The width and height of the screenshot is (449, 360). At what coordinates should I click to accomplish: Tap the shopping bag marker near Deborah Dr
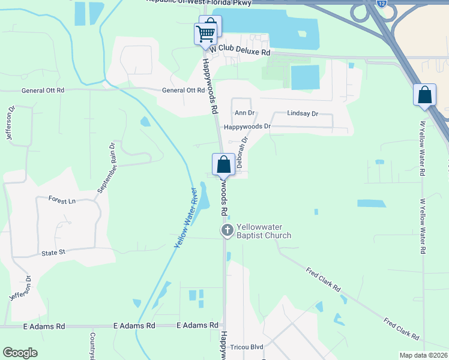tap(223, 164)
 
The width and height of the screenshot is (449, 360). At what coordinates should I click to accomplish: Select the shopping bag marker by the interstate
tap(424, 95)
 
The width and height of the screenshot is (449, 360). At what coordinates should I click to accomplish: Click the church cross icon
tap(228, 230)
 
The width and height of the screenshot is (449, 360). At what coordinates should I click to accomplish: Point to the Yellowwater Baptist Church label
tap(264, 231)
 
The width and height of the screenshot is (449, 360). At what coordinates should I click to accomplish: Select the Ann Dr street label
tap(245, 113)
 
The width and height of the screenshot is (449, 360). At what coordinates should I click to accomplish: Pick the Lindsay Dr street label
tap(303, 113)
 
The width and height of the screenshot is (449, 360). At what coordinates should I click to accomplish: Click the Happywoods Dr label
tap(247, 127)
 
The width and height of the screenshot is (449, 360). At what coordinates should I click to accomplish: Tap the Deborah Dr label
tap(241, 154)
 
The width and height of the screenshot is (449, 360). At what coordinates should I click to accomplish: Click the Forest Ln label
tap(62, 199)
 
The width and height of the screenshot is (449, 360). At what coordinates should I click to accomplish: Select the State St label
tap(53, 253)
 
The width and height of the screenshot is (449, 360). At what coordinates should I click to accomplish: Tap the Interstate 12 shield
tap(382, 4)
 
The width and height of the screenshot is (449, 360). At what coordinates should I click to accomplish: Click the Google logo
tap(20, 353)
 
